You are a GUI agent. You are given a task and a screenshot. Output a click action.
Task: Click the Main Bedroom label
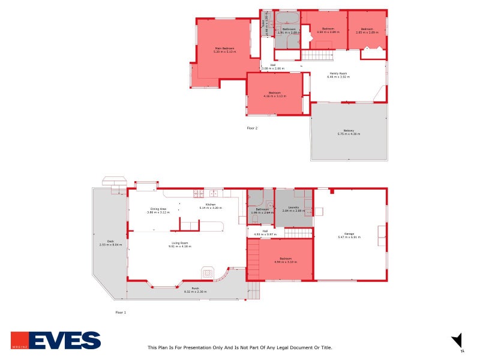tap(224, 48)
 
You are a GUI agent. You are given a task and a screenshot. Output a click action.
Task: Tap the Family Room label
tap(337, 74)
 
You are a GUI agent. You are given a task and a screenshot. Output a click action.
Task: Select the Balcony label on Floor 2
tap(349, 131)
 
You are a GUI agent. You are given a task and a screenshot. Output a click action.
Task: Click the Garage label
tap(349, 233)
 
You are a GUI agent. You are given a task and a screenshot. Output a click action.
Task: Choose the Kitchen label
tap(211, 205)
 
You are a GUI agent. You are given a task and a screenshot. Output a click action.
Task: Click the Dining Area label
tap(158, 209)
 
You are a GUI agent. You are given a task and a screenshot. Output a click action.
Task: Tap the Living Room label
tap(181, 243)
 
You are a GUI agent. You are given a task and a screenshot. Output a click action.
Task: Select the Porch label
tap(196, 289)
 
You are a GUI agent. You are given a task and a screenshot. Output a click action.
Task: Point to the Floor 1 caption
tap(121, 313)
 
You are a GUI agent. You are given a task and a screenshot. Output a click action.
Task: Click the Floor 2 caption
tap(252, 128)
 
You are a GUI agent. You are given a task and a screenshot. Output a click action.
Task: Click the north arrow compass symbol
tap(457, 340)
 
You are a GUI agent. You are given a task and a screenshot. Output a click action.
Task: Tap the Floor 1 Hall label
tap(265, 230)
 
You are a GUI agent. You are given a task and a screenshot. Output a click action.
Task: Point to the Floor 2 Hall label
tap(273, 65)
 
